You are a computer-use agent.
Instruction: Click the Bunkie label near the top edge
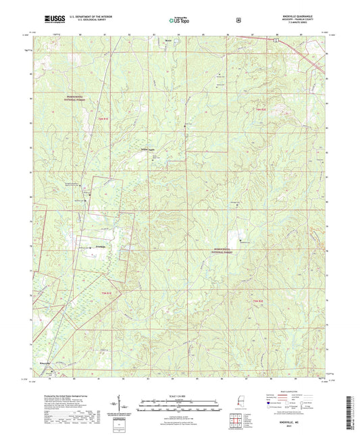pos(169,40)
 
